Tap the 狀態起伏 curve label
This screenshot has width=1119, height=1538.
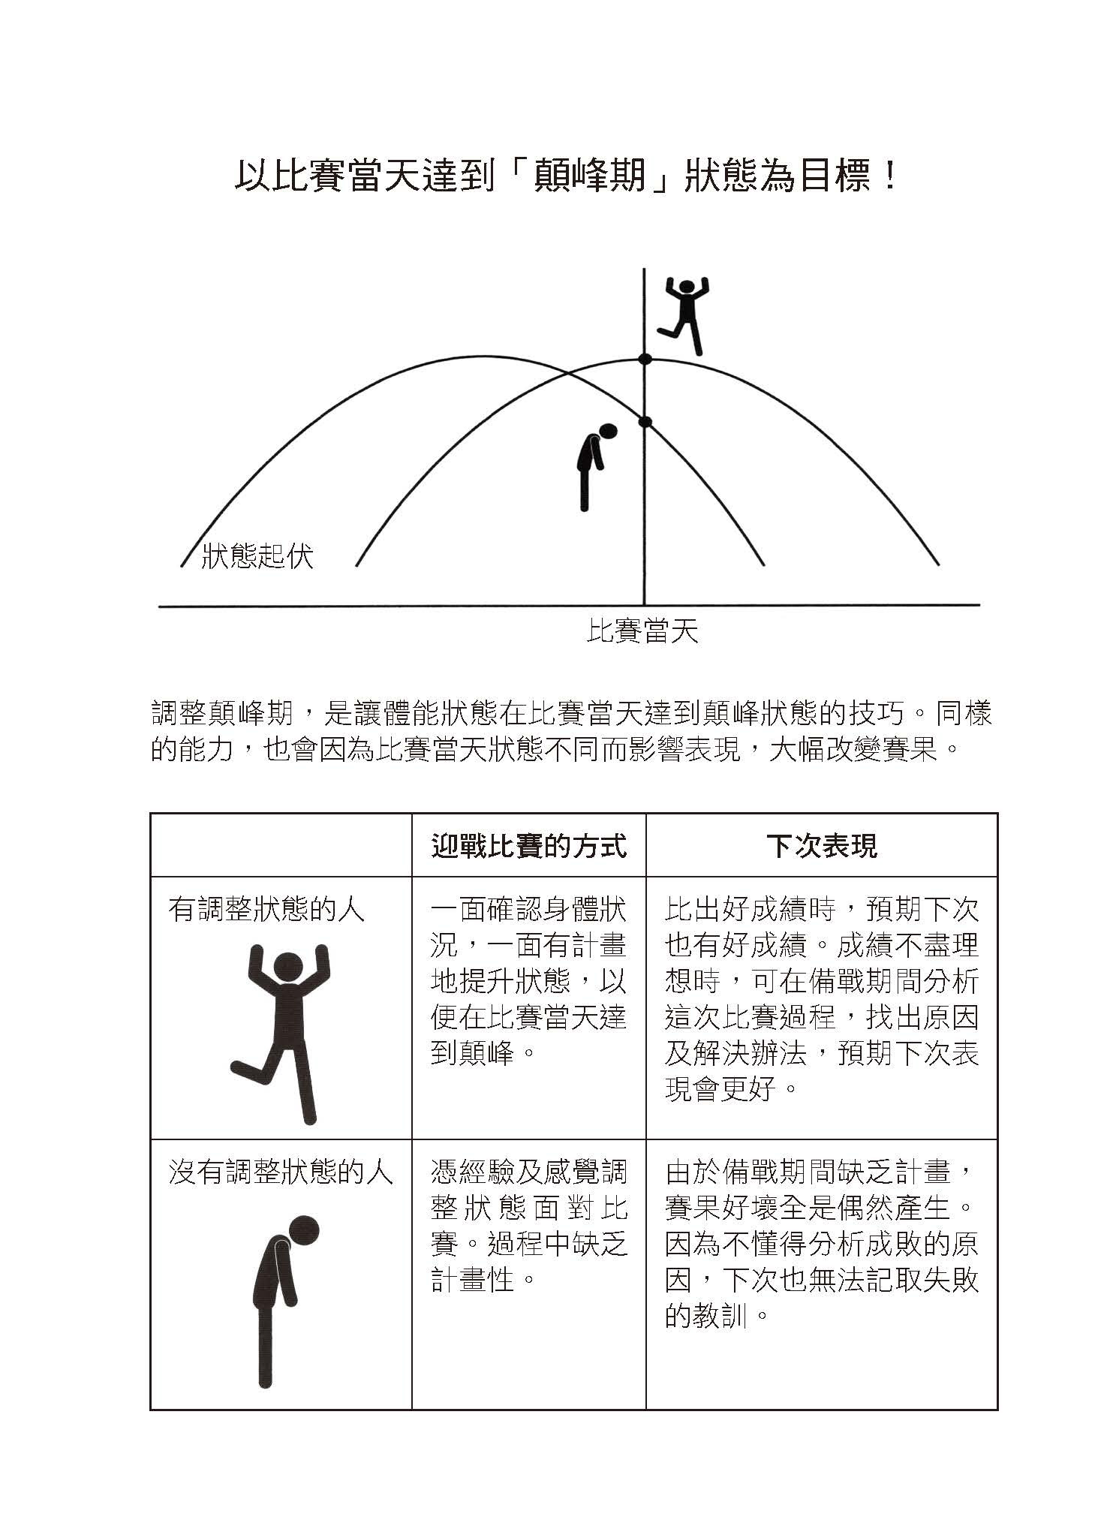pyautogui.click(x=257, y=556)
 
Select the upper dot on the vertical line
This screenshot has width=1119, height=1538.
pyautogui.click(x=645, y=360)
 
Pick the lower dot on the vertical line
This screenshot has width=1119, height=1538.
pyautogui.click(x=645, y=422)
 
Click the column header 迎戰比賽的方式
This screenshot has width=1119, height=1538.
pyautogui.click(x=528, y=846)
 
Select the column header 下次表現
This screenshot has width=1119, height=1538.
pyautogui.click(x=822, y=846)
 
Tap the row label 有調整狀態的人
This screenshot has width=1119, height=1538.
pyautogui.click(x=266, y=910)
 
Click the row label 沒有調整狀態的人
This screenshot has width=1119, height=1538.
pyautogui.click(x=281, y=1172)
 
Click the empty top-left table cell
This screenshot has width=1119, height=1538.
pyautogui.click(x=281, y=845)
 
